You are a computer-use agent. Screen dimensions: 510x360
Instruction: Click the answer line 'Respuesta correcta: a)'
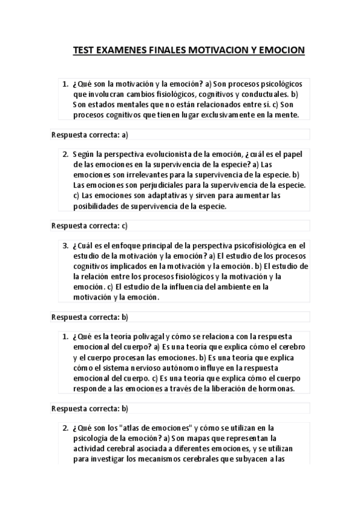[90, 134]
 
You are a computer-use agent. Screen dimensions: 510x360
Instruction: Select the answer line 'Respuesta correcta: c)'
[90, 226]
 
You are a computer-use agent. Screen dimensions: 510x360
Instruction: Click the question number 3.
[66, 245]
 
